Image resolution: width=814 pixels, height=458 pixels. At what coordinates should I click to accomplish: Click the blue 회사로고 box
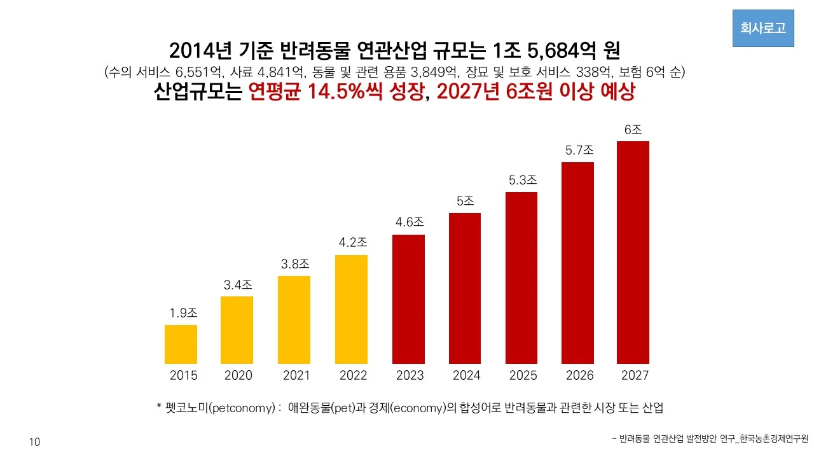pyautogui.click(x=763, y=28)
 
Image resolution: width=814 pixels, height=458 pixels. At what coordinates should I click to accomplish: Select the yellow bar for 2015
pyautogui.click(x=181, y=344)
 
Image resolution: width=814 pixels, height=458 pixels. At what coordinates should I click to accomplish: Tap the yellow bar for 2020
pyautogui.click(x=237, y=330)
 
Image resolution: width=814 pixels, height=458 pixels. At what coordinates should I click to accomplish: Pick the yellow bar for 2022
pyautogui.click(x=351, y=309)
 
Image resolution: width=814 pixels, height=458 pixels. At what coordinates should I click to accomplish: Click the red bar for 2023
pyautogui.click(x=408, y=299)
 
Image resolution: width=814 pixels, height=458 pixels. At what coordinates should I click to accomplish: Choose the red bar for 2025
pyautogui.click(x=521, y=277)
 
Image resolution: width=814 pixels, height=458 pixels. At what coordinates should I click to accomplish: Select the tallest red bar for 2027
pyautogui.click(x=633, y=252)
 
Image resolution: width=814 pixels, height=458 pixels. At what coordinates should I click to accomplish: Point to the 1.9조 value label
pyautogui.click(x=183, y=313)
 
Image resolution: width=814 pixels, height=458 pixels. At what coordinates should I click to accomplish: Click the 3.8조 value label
pyautogui.click(x=295, y=263)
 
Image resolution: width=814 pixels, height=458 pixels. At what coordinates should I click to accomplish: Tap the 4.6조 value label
pyautogui.click(x=409, y=222)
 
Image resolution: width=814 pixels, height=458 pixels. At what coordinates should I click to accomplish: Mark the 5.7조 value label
pyautogui.click(x=579, y=150)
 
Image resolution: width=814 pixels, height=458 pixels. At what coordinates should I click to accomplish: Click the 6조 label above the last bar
pyautogui.click(x=633, y=129)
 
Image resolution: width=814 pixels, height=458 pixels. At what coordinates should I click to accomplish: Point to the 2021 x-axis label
pyautogui.click(x=296, y=376)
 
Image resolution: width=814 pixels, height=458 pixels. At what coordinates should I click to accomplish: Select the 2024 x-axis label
pyautogui.click(x=466, y=376)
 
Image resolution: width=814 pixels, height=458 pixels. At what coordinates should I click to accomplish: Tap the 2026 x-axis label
pyautogui.click(x=579, y=376)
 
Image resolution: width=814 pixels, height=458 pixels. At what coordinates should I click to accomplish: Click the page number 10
pyautogui.click(x=34, y=442)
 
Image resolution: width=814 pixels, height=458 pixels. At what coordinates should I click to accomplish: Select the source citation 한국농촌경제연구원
pyautogui.click(x=772, y=438)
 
